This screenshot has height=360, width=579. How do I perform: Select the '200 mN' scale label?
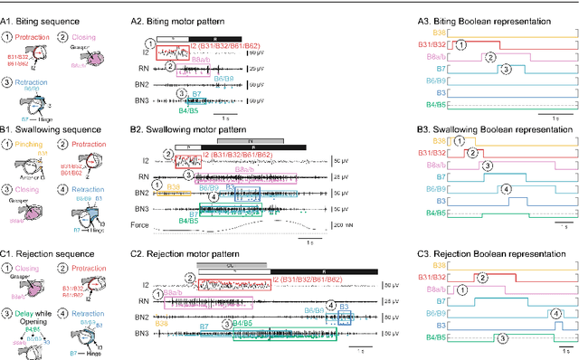click(x=395, y=224)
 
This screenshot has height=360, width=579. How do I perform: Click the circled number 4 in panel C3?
click(x=553, y=313)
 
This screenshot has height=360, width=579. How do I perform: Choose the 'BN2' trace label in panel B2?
click(x=143, y=193)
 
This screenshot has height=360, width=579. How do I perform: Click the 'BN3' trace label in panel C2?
click(x=143, y=336)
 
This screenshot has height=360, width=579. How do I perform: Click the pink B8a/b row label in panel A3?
click(x=438, y=55)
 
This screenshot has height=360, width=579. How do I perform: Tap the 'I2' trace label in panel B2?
click(x=145, y=160)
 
